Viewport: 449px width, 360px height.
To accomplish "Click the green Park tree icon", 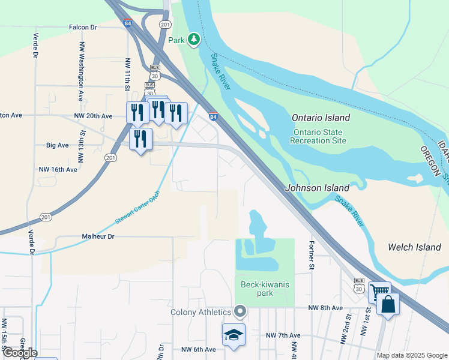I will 193,40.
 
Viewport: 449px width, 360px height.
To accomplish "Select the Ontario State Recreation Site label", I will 318,136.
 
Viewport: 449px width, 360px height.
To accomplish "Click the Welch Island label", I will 414,247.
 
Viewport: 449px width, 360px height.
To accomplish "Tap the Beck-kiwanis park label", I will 265,289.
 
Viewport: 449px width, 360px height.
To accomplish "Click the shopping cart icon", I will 379,292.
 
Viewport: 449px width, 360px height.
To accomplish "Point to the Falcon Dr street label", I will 83,27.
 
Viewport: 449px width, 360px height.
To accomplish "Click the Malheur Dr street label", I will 98,237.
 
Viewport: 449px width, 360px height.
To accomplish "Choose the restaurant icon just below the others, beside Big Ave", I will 140,139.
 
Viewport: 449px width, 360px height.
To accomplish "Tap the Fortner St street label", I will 312,254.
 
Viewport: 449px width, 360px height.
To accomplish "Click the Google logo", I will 20,352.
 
